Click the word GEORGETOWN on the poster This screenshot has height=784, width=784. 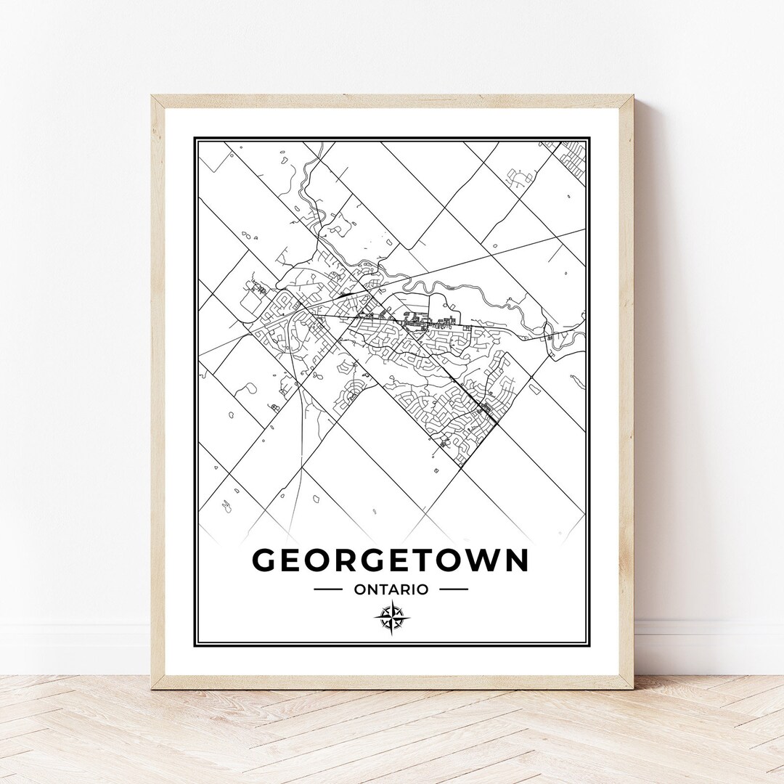(x=390, y=560)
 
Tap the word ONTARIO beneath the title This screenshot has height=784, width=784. (x=391, y=589)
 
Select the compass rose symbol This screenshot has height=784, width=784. (x=392, y=618)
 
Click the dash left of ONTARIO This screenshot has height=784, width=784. (x=327, y=589)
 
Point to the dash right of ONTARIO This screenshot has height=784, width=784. (x=454, y=589)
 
